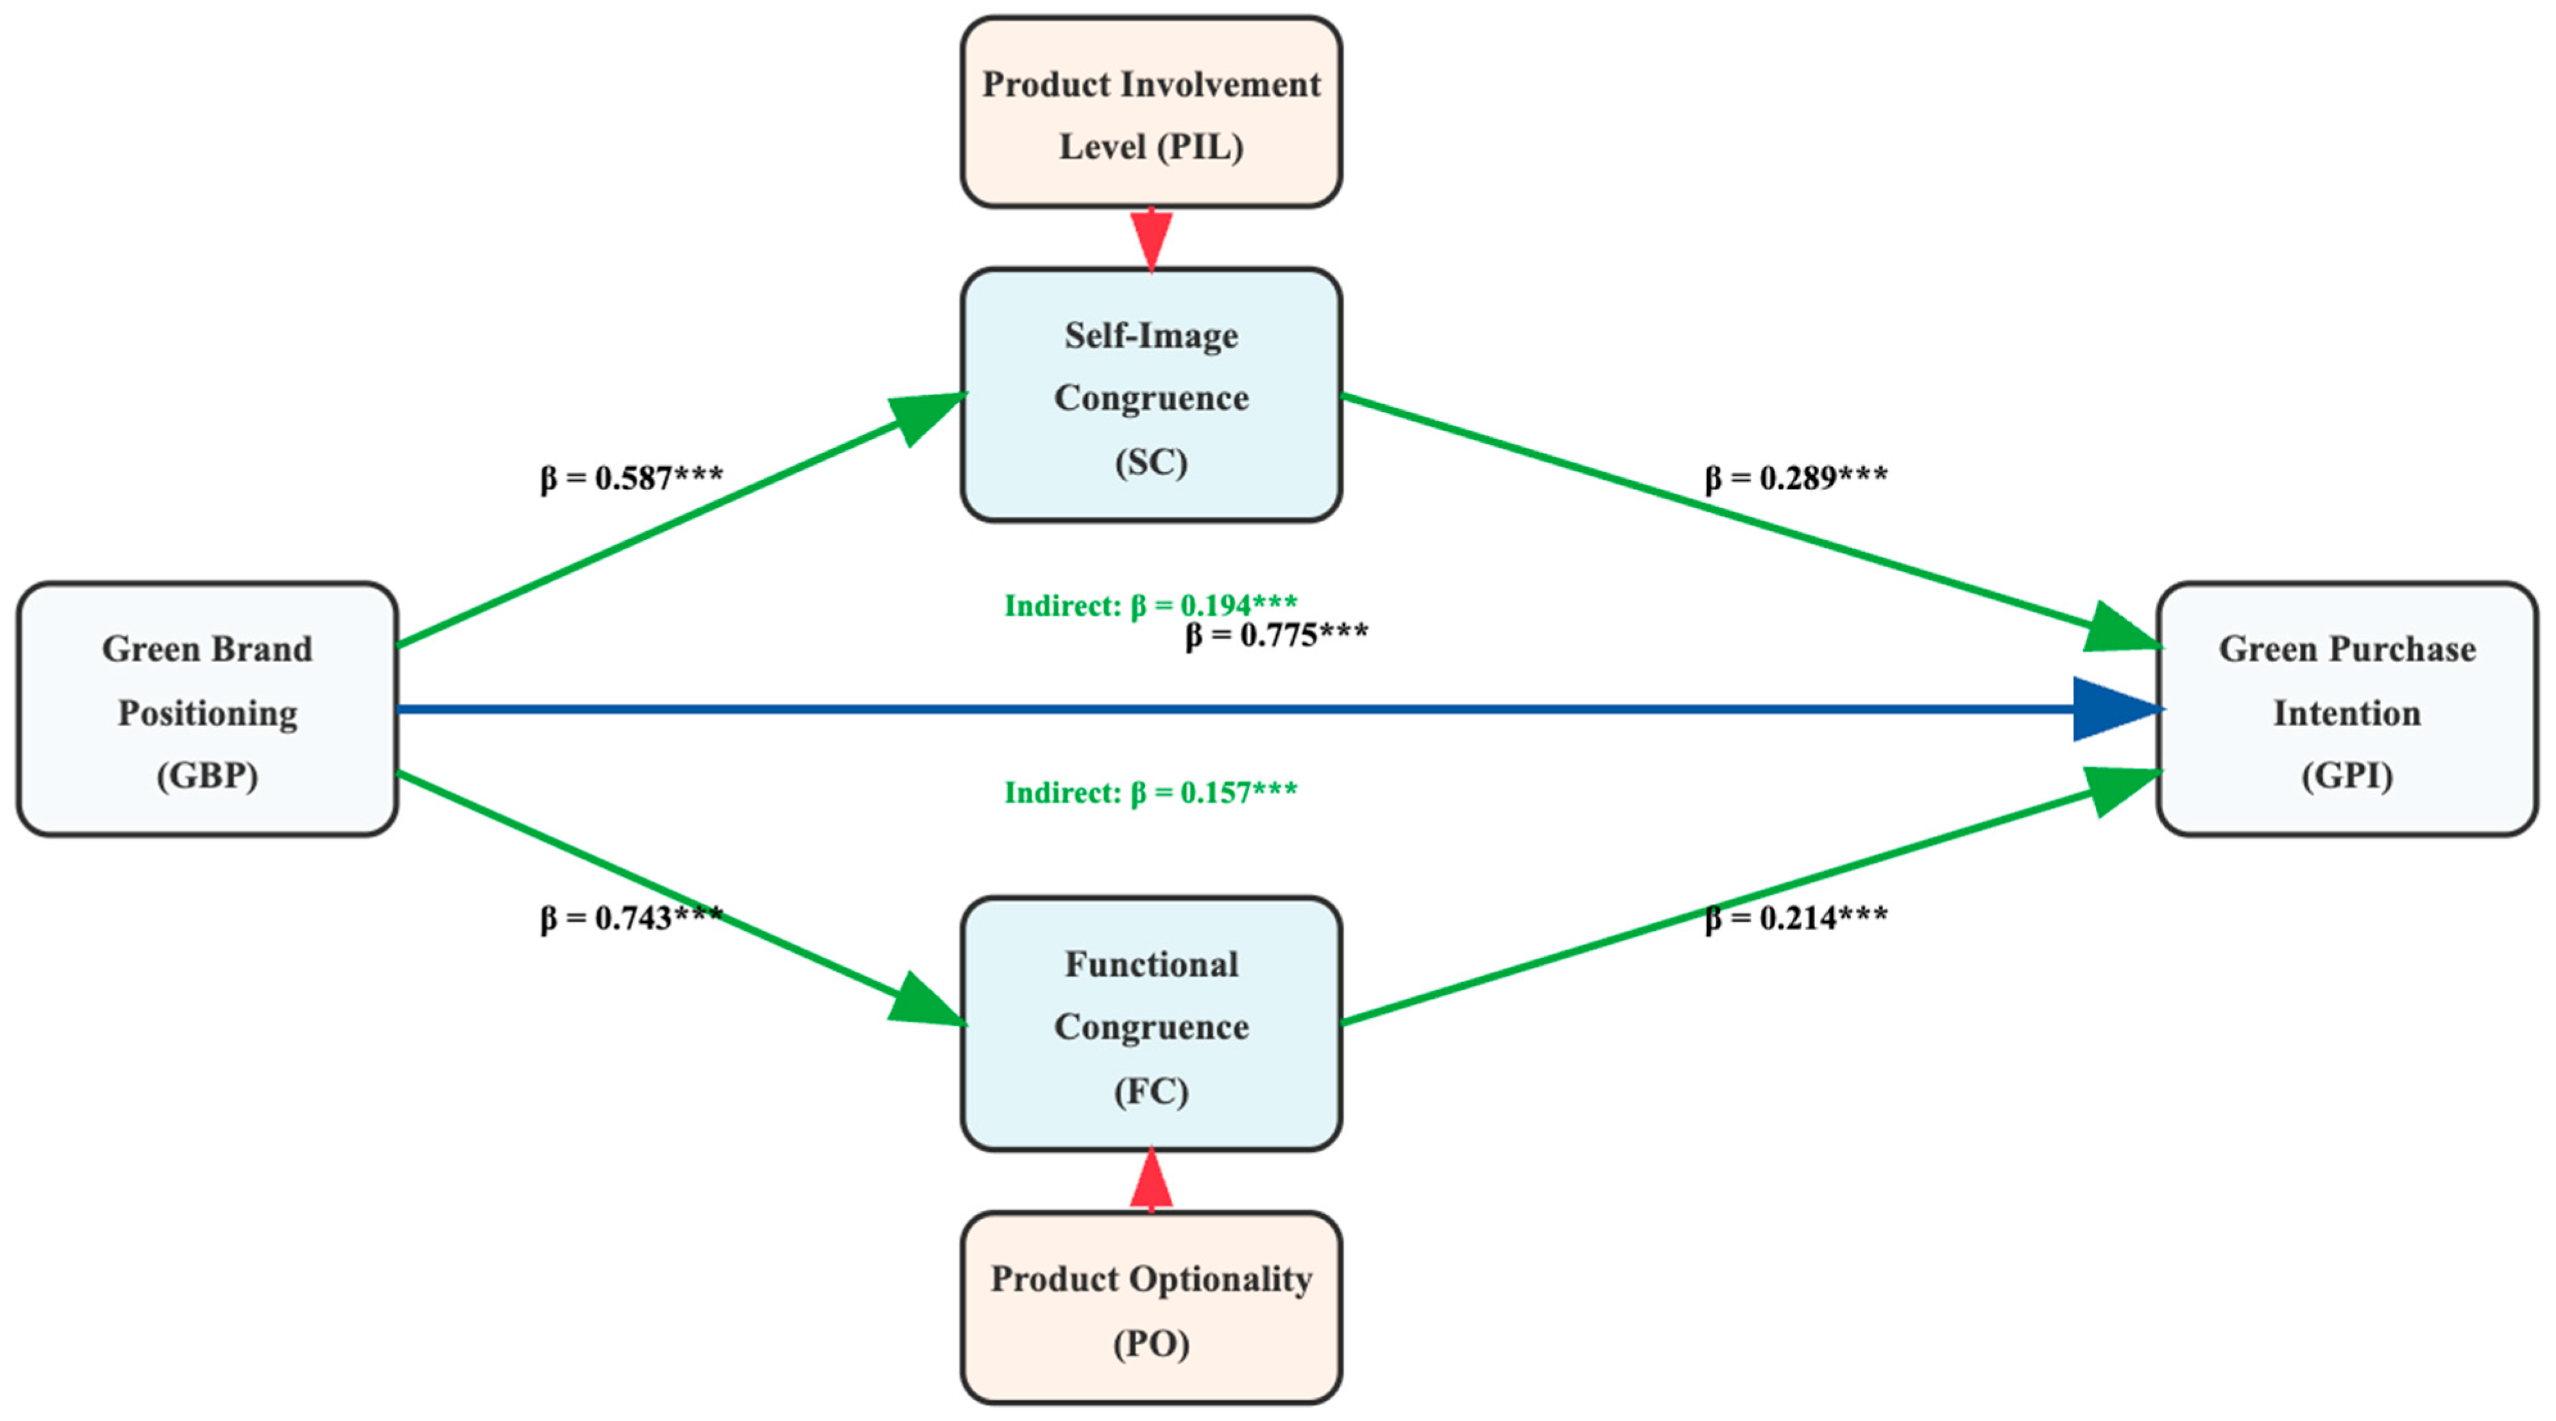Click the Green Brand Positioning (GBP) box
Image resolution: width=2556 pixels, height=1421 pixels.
pyautogui.click(x=207, y=710)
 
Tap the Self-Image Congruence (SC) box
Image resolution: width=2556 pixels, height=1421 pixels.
pyautogui.click(x=1151, y=395)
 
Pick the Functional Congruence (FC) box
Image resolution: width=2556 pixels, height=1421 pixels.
pyautogui.click(x=1151, y=1024)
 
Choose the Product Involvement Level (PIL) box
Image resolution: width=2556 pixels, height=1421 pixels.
pyautogui.click(x=1151, y=112)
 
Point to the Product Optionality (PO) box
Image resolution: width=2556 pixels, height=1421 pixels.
pyautogui.click(x=1151, y=1308)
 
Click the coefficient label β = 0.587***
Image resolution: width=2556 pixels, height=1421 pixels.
pyautogui.click(x=631, y=479)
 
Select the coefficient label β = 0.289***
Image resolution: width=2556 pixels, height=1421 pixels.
pyautogui.click(x=1796, y=479)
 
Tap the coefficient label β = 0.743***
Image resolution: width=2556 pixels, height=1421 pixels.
pyautogui.click(x=631, y=918)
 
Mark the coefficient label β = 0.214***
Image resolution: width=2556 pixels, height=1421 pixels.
pyautogui.click(x=1796, y=918)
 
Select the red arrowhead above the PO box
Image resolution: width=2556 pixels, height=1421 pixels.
pyautogui.click(x=1151, y=1181)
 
